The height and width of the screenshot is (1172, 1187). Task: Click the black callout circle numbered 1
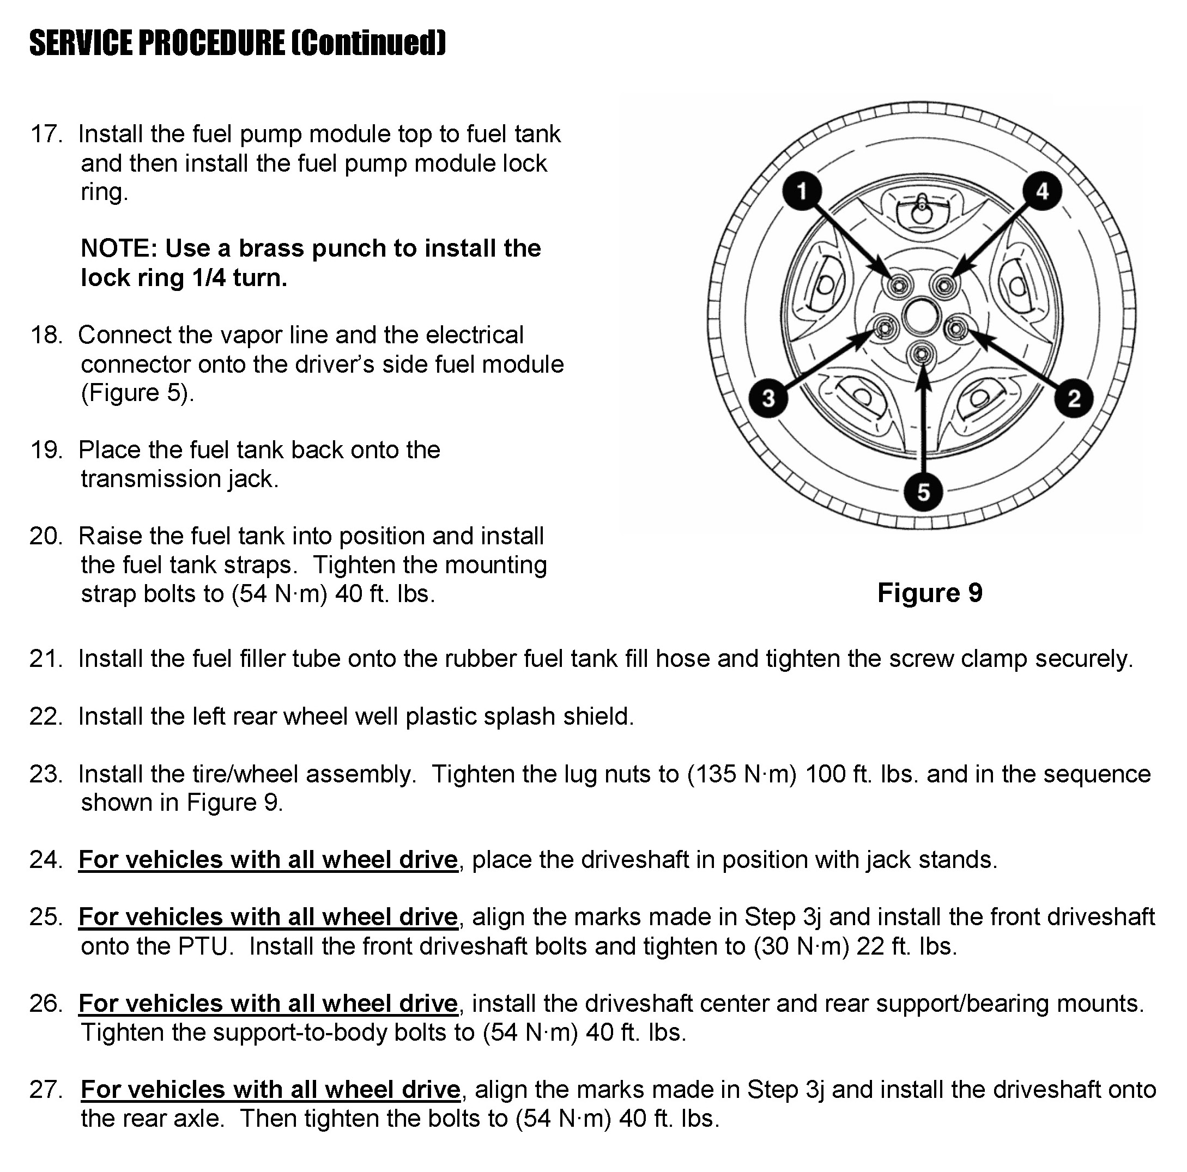(802, 191)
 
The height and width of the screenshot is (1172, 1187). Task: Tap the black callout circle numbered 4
(1042, 191)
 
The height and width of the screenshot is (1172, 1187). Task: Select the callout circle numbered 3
(768, 399)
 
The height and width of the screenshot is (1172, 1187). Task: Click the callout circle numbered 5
(923, 491)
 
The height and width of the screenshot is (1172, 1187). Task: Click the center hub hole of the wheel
(921, 317)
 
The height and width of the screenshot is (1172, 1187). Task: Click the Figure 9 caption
(930, 593)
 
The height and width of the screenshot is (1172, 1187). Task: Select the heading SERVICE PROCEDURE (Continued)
(237, 43)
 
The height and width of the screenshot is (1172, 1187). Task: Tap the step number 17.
(46, 134)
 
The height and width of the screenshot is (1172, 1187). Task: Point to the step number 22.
(46, 716)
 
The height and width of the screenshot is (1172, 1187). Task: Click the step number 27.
(46, 1090)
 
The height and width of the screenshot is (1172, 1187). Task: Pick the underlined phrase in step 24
(268, 859)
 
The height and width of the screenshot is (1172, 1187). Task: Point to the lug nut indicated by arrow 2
(955, 330)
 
